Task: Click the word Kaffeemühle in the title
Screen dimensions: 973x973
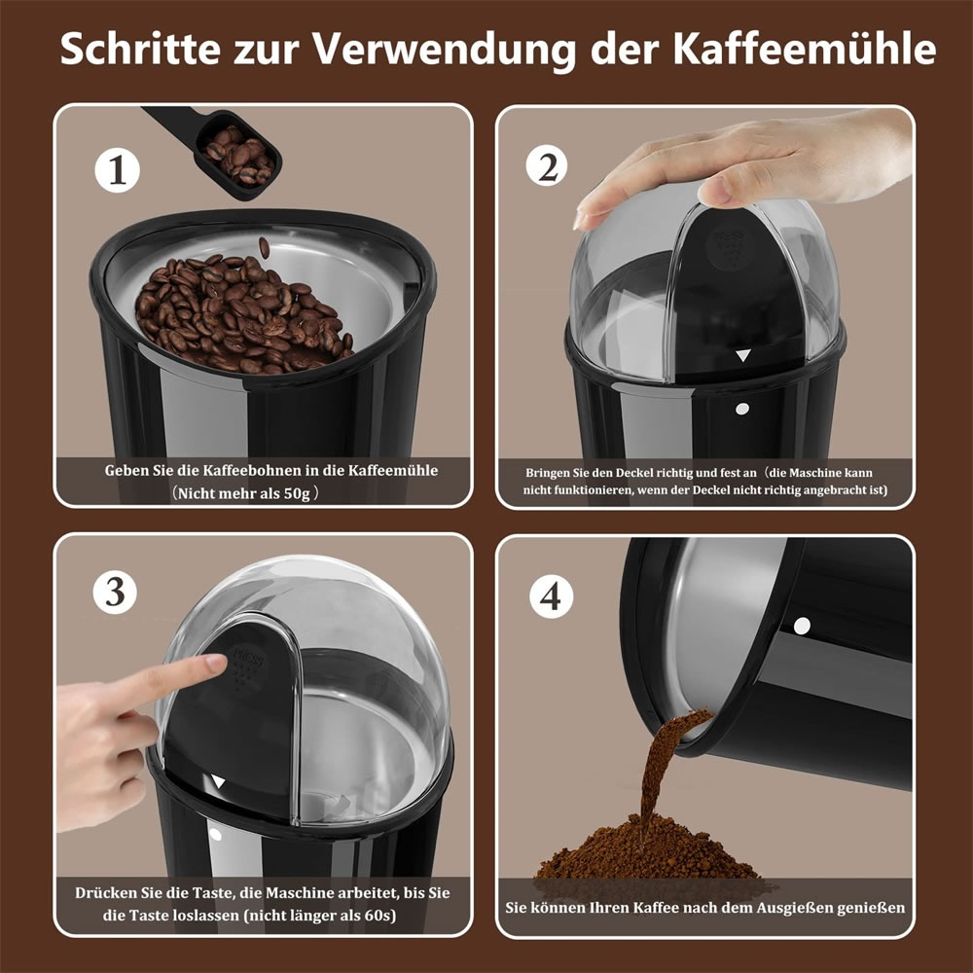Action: (805, 48)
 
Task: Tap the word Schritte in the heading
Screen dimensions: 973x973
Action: (140, 48)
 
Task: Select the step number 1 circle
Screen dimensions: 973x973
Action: (118, 170)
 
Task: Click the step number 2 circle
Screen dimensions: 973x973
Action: (547, 166)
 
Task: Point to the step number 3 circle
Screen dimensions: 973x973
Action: (116, 592)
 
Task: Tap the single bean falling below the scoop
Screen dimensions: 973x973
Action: (265, 247)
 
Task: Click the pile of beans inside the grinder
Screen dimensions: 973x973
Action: (242, 315)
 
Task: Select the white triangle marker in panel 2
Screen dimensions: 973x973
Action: (742, 355)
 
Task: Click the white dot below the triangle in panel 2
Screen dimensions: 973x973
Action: (742, 409)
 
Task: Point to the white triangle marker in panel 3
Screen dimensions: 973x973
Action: (218, 781)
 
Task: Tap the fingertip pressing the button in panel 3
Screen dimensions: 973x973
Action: (214, 664)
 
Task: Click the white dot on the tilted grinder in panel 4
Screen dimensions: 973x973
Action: (802, 626)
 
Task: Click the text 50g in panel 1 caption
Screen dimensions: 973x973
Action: (296, 494)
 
